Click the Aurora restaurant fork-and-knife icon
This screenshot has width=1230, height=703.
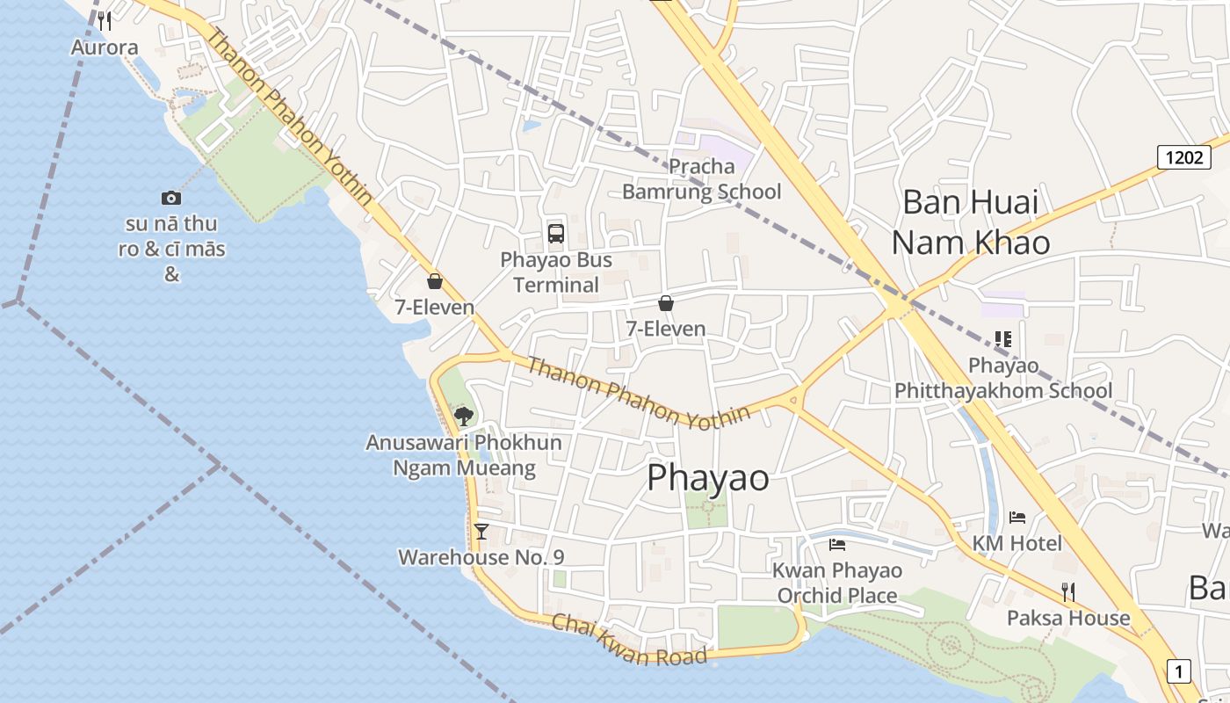(105, 20)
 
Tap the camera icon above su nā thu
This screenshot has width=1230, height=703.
(171, 198)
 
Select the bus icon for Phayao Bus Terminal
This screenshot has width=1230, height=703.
(556, 233)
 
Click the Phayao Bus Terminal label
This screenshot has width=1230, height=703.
(555, 272)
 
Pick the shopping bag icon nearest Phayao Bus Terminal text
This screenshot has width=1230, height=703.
(666, 303)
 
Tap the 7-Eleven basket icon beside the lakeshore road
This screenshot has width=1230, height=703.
(434, 281)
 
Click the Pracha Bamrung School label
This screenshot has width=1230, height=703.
(701, 178)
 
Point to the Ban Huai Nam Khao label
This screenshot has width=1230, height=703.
(970, 221)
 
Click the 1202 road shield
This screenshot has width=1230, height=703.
(1183, 157)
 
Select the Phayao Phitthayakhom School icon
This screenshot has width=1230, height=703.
(1002, 338)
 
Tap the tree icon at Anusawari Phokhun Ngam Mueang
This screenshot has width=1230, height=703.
(464, 416)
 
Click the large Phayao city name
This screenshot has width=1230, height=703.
(708, 478)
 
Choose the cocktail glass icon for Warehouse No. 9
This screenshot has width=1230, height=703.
(481, 531)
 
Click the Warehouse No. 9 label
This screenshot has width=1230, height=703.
(481, 557)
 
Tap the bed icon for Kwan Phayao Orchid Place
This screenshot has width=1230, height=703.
(836, 545)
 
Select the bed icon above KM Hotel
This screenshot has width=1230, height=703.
(1017, 517)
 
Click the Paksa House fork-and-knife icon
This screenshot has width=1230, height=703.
(1068, 591)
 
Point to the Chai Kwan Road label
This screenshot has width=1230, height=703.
(629, 641)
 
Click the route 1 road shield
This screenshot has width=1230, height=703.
(1178, 671)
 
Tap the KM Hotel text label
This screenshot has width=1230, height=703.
(1017, 543)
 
